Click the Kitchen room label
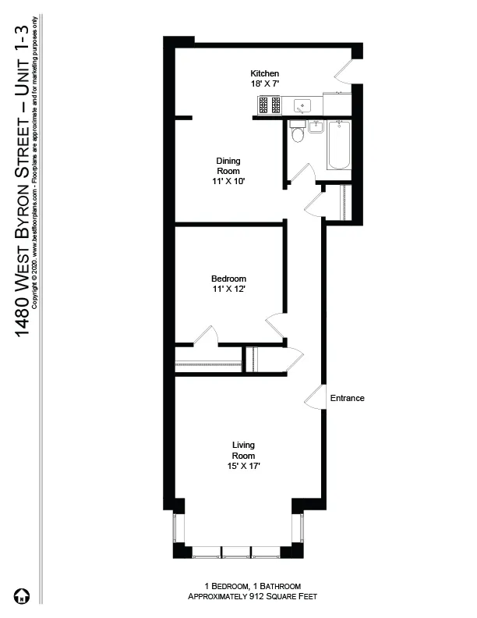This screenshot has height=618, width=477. click(x=264, y=73)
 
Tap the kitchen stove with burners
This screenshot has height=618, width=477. click(x=269, y=105)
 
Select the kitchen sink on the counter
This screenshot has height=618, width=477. click(x=301, y=105)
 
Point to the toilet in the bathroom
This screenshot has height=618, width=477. click(x=296, y=133)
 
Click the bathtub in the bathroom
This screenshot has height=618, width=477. click(x=338, y=146)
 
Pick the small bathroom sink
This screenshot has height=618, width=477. click(x=316, y=126)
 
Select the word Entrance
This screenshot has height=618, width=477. click(x=347, y=398)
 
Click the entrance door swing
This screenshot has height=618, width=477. click(x=314, y=397)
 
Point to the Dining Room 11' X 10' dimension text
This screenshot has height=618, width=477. click(x=228, y=181)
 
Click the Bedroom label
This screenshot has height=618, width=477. click(x=228, y=279)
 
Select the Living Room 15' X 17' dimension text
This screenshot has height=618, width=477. click(x=243, y=466)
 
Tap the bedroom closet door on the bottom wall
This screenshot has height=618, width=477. click(x=206, y=336)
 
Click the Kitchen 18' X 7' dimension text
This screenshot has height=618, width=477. click(x=264, y=83)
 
